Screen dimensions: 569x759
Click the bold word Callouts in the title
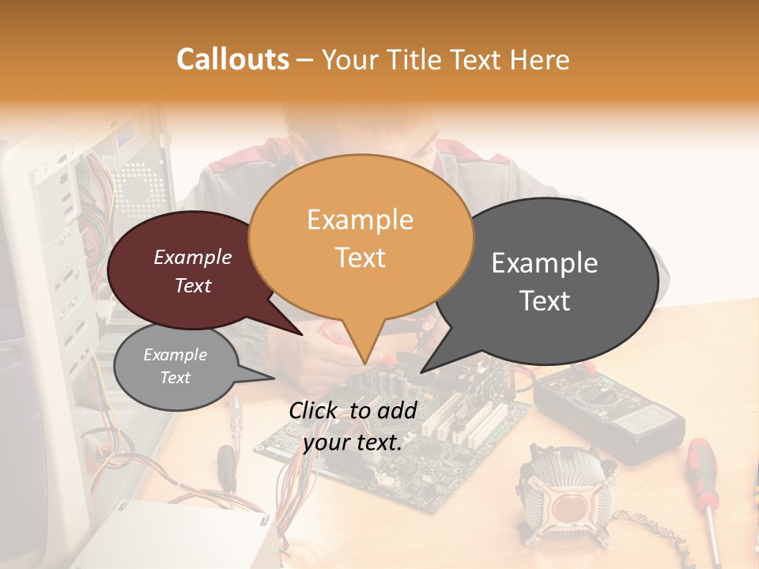click(232, 59)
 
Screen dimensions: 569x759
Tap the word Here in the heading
click(539, 60)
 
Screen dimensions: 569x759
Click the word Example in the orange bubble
click(360, 220)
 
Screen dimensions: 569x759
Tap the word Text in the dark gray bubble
click(545, 300)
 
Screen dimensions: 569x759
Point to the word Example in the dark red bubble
click(192, 258)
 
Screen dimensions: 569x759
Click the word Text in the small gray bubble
click(175, 378)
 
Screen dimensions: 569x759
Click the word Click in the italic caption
click(314, 410)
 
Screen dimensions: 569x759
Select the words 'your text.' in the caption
click(353, 443)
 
